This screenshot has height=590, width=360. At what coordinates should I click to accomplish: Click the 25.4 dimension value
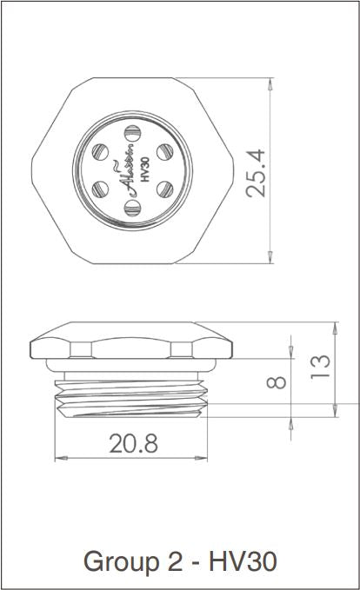[257, 171]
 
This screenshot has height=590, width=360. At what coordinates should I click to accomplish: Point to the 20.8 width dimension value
[133, 444]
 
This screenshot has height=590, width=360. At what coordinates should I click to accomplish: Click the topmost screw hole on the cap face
[132, 133]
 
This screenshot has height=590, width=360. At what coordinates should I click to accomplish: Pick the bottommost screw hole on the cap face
[132, 207]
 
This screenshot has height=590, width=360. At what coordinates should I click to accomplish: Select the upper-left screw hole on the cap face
[99, 151]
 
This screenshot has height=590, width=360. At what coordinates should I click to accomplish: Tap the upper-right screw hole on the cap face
[165, 151]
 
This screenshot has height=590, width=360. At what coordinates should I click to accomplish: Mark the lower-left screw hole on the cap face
[99, 189]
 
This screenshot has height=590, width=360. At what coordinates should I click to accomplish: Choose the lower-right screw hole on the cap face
[165, 189]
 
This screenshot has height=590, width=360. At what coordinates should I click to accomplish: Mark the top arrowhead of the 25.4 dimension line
[270, 84]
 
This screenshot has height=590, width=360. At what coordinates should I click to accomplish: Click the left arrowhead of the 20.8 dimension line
[59, 458]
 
